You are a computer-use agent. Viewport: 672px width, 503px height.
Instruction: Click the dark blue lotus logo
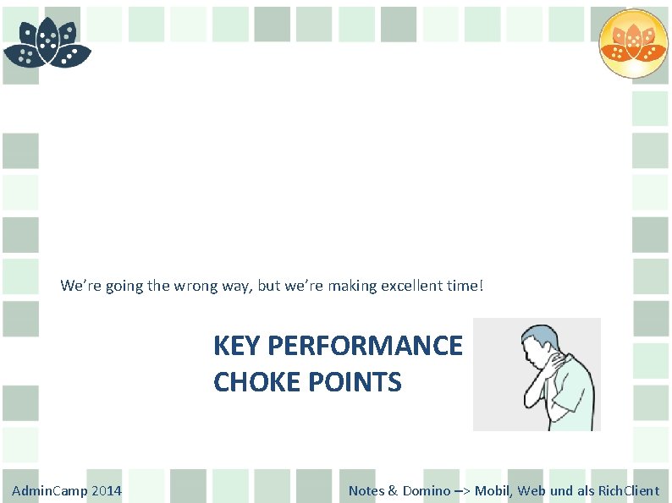point(47,42)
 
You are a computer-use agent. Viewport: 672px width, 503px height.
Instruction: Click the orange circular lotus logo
point(633,43)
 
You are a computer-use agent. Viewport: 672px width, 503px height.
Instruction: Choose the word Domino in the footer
point(427,490)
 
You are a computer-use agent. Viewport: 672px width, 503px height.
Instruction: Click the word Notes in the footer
point(366,490)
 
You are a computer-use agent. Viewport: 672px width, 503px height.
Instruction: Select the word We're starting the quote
point(79,286)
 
